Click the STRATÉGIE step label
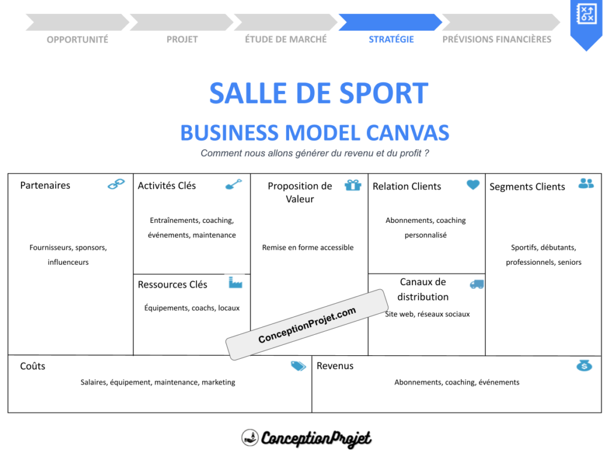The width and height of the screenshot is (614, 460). click(391, 40)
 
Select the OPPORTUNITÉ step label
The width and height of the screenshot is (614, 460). click(77, 40)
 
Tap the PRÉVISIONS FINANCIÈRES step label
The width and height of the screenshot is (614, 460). click(496, 40)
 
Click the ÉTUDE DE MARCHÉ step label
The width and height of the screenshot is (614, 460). click(286, 40)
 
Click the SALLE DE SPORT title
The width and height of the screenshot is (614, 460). click(318, 93)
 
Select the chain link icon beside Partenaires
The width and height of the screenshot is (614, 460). click(116, 184)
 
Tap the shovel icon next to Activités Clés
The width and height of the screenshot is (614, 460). click(233, 184)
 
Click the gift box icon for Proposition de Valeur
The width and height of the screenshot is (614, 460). click(353, 185)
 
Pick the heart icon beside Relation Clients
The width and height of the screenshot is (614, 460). click(473, 185)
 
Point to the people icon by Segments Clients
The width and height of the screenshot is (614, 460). click(586, 183)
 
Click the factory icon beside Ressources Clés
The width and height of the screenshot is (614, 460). click(235, 282)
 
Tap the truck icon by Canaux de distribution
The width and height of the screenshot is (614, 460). click(477, 284)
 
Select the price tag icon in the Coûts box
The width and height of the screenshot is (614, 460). click(298, 366)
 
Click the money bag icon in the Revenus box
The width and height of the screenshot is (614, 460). click(584, 365)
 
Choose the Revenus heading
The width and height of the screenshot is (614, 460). click(335, 366)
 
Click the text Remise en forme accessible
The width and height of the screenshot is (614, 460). click(308, 247)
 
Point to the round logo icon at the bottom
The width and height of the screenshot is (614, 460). click(249, 438)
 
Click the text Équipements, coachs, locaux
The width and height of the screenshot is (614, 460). click(192, 308)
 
